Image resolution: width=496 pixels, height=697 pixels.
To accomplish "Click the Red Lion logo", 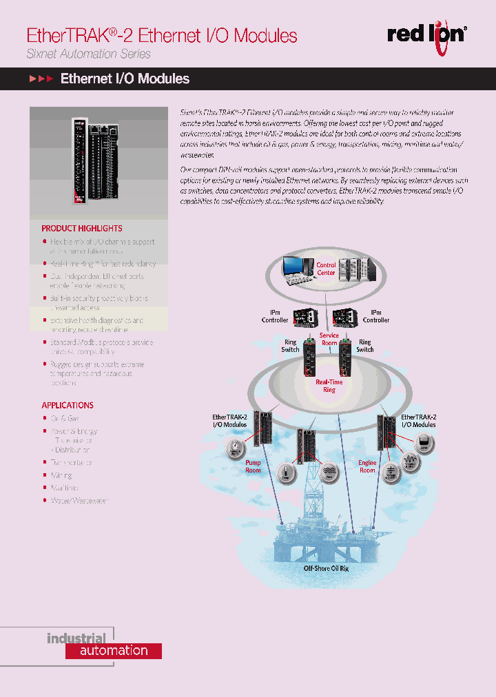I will pos(426,33).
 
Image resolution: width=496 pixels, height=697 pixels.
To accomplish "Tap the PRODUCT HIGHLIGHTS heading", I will pos(82,228).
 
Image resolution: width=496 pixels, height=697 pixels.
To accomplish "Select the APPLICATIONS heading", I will pos(68,405).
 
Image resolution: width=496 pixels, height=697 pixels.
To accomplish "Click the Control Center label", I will pos(326,269).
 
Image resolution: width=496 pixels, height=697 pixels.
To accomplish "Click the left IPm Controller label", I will pos(275,316).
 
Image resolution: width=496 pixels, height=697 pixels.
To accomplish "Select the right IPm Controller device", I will pos(347,319).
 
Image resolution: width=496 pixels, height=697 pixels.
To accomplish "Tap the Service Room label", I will pos(329,339).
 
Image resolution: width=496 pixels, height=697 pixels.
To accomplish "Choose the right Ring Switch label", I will pos(365,346).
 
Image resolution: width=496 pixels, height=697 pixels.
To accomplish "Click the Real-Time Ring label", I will pos(329,386).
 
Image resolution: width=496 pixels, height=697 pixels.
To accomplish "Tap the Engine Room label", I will pos(368,467).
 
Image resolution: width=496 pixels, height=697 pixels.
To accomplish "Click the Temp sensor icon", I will pos(285,471).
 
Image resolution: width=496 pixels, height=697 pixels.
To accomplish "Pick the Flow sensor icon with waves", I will pos(328,471).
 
